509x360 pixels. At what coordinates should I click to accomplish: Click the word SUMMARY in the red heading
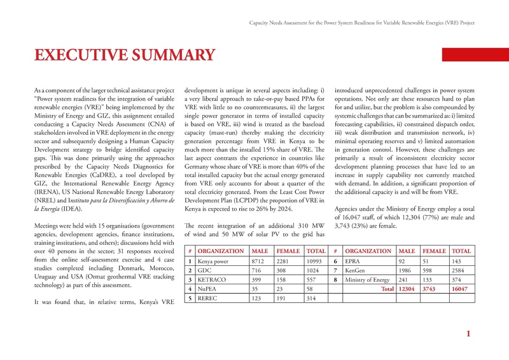pyautogui.click(x=176, y=55)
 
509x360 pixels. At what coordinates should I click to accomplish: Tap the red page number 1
pyautogui.click(x=468, y=334)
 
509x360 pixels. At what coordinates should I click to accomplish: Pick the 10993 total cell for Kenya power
pyautogui.click(x=314, y=261)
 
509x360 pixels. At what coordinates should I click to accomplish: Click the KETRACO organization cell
pyautogui.click(x=211, y=279)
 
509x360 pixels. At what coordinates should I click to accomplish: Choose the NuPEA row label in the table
pyautogui.click(x=207, y=288)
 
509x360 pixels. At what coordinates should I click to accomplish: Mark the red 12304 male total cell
pyautogui.click(x=408, y=288)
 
